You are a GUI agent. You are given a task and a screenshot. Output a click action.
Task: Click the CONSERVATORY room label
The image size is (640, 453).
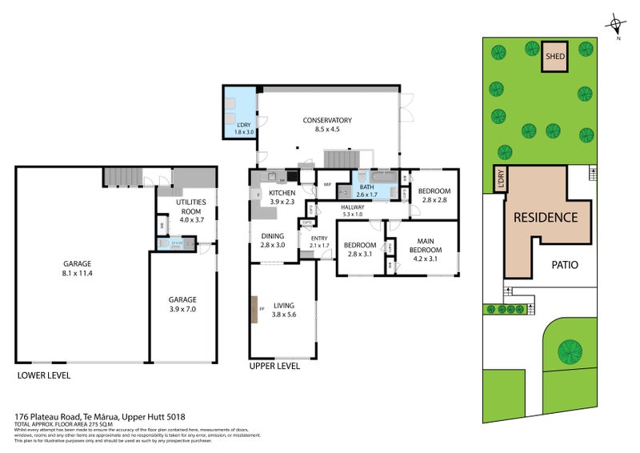click(326, 120)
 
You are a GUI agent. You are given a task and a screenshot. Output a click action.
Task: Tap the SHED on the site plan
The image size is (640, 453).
click(554, 57)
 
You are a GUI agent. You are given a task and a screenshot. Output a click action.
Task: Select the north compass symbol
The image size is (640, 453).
click(615, 26)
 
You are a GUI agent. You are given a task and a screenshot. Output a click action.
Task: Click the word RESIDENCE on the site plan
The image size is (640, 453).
click(546, 217)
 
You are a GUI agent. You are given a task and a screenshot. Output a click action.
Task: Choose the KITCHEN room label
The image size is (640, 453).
click(282, 194)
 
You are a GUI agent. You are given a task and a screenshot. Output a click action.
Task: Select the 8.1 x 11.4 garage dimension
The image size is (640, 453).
click(78, 273)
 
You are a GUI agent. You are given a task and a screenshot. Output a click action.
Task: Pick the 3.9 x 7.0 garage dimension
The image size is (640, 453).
click(182, 308)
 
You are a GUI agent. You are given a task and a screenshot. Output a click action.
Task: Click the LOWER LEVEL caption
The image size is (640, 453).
click(43, 375)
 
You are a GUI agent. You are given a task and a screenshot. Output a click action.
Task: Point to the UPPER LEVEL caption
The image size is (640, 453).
click(274, 366)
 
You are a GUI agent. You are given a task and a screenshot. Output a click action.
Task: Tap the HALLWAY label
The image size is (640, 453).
click(352, 207)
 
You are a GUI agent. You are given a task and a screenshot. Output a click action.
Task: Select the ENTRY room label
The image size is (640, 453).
click(319, 239)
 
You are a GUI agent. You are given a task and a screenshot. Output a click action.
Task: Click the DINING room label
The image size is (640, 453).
click(273, 236)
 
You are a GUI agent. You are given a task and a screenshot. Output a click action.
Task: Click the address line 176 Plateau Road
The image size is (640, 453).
click(100, 417)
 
